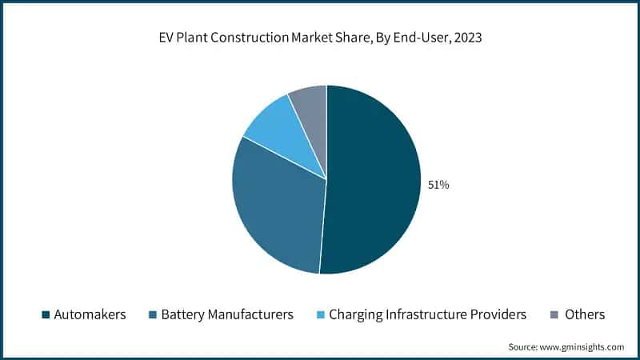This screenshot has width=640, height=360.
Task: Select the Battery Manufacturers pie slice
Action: pyautogui.click(x=276, y=212)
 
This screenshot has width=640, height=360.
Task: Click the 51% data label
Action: pyautogui.click(x=439, y=185)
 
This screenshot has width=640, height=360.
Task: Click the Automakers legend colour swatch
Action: pyautogui.click(x=45, y=314)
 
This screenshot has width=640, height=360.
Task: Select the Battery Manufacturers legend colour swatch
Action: pyautogui.click(x=152, y=314)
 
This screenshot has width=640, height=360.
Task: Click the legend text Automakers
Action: pyautogui.click(x=90, y=314)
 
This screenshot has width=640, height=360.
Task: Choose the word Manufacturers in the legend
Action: pyautogui.click(x=249, y=314)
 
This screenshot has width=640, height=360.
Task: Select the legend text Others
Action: pyautogui.click(x=585, y=314)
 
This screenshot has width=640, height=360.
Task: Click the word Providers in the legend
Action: pyautogui.click(x=500, y=314)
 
